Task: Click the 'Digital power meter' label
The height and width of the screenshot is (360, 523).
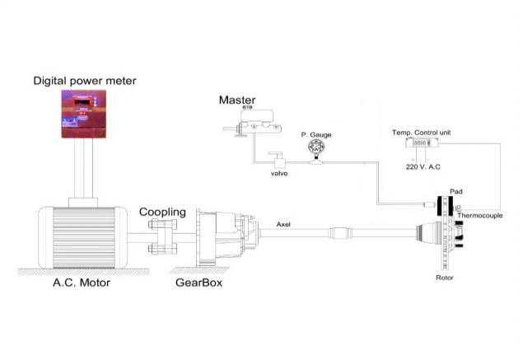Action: tap(84, 81)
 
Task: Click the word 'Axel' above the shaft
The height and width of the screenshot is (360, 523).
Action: tap(283, 223)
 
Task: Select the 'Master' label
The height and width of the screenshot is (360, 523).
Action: tap(236, 101)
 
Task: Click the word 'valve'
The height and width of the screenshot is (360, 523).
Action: tap(279, 174)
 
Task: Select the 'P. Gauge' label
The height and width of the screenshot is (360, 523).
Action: tap(315, 133)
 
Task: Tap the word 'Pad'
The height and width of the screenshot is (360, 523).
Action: tap(455, 191)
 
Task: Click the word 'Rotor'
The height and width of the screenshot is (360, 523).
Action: tap(445, 278)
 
